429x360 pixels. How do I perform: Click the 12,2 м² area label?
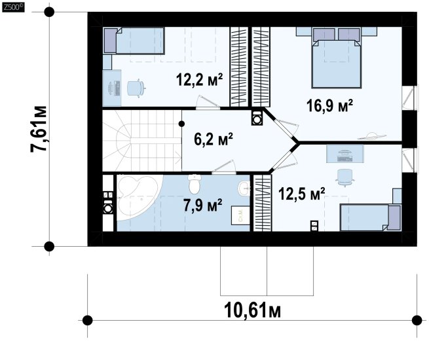[199, 80]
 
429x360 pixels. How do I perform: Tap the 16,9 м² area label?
[329, 105]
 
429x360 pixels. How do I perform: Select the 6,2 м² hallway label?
[214, 139]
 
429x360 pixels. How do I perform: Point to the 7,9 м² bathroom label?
[203, 206]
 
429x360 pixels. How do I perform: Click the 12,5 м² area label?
[301, 194]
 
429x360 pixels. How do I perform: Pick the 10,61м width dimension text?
[252, 311]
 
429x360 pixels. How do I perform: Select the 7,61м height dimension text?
[38, 128]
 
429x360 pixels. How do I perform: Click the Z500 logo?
[13, 7]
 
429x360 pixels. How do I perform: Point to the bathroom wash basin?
[244, 188]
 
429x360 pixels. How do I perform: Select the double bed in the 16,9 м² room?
[336, 61]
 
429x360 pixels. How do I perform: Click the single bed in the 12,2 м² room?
[134, 41]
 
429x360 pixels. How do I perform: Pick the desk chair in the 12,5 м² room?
[345, 177]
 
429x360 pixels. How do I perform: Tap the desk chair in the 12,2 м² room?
[136, 88]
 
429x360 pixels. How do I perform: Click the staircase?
[142, 141]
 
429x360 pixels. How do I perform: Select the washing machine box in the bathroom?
[240, 215]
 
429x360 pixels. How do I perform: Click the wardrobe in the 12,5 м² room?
[263, 203]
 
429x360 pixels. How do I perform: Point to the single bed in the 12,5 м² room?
[371, 218]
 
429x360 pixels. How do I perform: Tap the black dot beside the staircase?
[181, 124]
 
